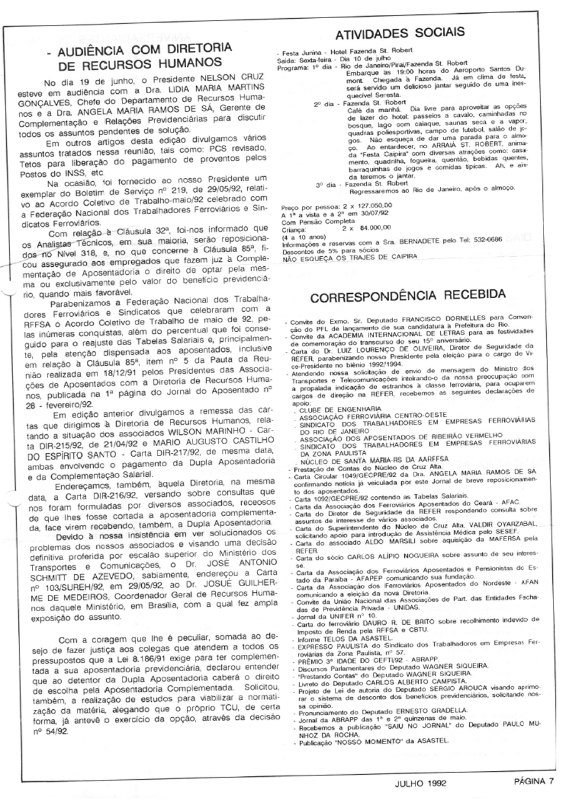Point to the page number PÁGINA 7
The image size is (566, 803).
click(x=534, y=781)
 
